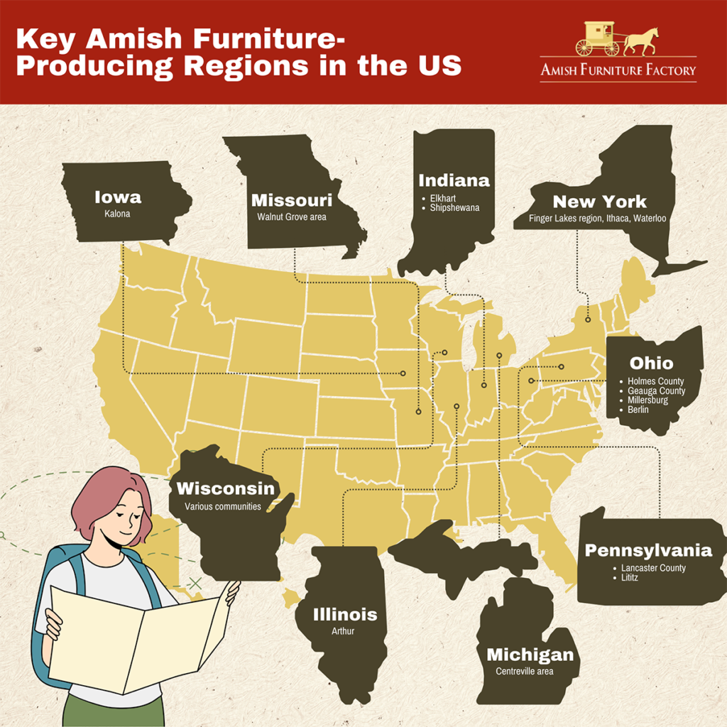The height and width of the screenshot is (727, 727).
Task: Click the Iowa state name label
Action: pyautogui.click(x=118, y=197)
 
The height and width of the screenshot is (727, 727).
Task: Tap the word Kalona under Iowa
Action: pyautogui.click(x=118, y=213)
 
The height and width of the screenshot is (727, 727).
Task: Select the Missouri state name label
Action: pyautogui.click(x=292, y=201)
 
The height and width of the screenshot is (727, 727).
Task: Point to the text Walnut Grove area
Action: pyautogui.click(x=292, y=217)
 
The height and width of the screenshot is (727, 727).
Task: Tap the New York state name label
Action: pyautogui.click(x=599, y=202)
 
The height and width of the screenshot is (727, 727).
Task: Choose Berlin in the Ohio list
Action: pyautogui.click(x=639, y=410)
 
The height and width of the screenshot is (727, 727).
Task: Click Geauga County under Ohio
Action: pyautogui.click(x=657, y=391)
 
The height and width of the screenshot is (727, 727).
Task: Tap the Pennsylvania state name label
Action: pyautogui.click(x=647, y=550)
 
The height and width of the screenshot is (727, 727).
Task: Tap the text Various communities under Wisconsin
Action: pyautogui.click(x=223, y=507)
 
